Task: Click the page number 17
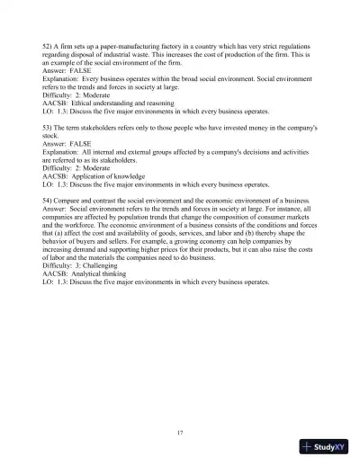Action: point(180,434)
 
